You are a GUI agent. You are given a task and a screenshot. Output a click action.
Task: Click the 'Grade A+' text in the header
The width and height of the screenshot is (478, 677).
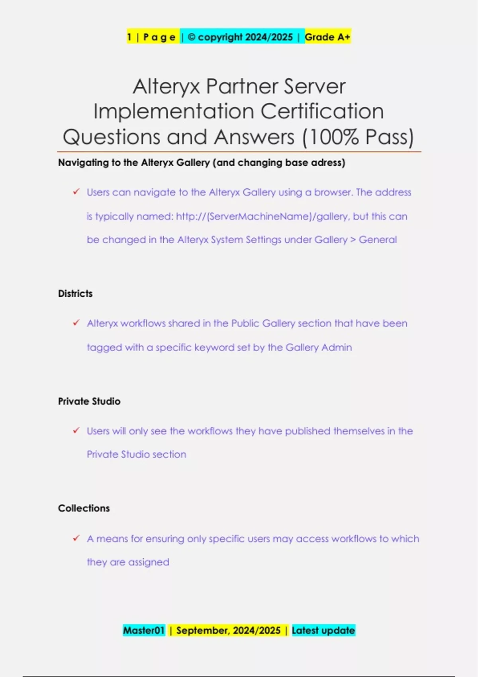[327, 37]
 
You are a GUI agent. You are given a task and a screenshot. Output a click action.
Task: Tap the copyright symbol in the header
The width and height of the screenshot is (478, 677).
[191, 37]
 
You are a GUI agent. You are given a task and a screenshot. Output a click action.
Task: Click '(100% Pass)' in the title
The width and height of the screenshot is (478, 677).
[358, 137]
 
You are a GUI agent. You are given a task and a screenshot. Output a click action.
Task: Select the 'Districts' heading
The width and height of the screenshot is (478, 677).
[75, 293]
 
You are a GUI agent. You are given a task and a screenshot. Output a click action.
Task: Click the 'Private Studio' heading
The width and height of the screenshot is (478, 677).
[89, 401]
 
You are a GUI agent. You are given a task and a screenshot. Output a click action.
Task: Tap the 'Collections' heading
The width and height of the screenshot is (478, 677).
[84, 508]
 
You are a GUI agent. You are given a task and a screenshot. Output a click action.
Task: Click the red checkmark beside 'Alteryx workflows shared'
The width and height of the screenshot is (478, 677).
[76, 323]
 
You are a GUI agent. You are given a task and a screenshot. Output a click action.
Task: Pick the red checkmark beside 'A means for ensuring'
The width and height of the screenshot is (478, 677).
[76, 538]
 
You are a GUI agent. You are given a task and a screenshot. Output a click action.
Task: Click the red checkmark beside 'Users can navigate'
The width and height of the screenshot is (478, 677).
[76, 192]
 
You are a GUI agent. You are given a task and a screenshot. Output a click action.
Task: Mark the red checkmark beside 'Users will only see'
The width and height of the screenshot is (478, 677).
[76, 430]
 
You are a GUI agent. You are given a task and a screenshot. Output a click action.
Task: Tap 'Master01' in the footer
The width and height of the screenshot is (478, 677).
[144, 630]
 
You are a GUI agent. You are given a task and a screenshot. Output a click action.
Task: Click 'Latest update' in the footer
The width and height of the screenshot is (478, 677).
[323, 630]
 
